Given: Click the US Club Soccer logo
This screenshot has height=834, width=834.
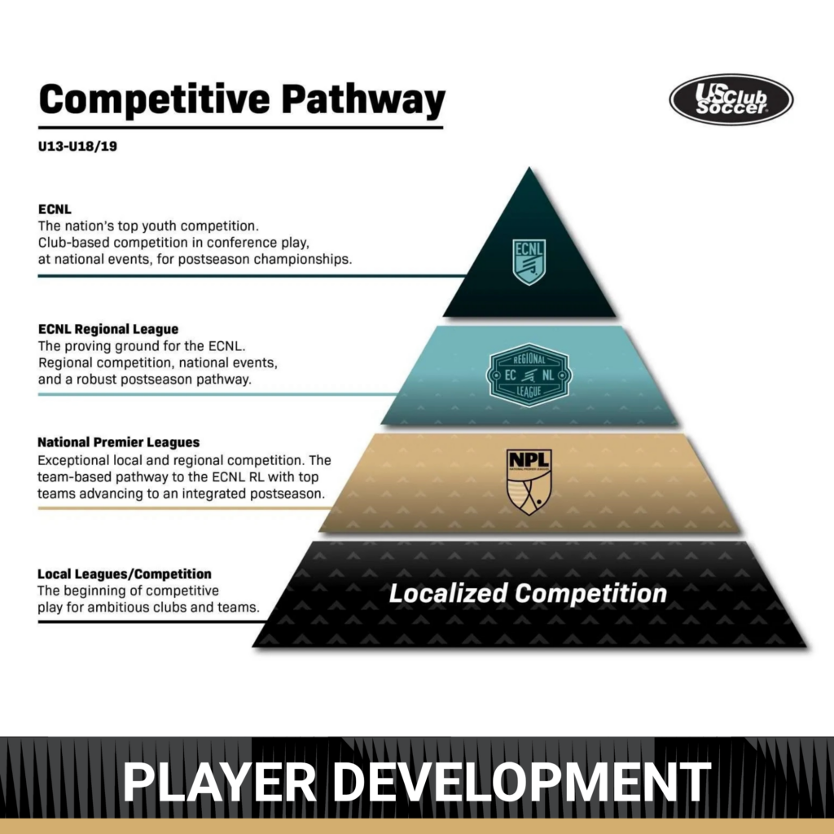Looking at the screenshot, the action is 731,99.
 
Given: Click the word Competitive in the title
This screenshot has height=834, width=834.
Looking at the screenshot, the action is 154,99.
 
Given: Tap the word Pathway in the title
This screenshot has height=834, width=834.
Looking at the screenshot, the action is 363,99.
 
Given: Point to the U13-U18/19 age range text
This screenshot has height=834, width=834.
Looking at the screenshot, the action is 77,147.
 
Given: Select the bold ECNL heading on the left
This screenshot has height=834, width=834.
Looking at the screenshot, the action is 55,209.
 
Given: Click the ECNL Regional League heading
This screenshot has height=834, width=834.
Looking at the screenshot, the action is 108,329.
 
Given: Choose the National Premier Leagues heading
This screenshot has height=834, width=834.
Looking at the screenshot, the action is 119,442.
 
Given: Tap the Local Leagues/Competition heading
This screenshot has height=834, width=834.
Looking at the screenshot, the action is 125,574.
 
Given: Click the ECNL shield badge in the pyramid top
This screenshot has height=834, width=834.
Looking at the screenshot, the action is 529,261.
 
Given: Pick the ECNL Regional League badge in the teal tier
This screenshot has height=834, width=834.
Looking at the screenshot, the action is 529,375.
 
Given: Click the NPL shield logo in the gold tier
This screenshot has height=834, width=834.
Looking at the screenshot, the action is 529,482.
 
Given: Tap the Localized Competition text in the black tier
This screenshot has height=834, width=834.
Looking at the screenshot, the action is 528,594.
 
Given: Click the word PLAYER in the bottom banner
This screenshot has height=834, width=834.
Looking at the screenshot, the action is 220,782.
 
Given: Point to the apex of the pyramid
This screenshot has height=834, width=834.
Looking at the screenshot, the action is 529,168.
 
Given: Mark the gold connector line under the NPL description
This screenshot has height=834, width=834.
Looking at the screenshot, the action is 184,508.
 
